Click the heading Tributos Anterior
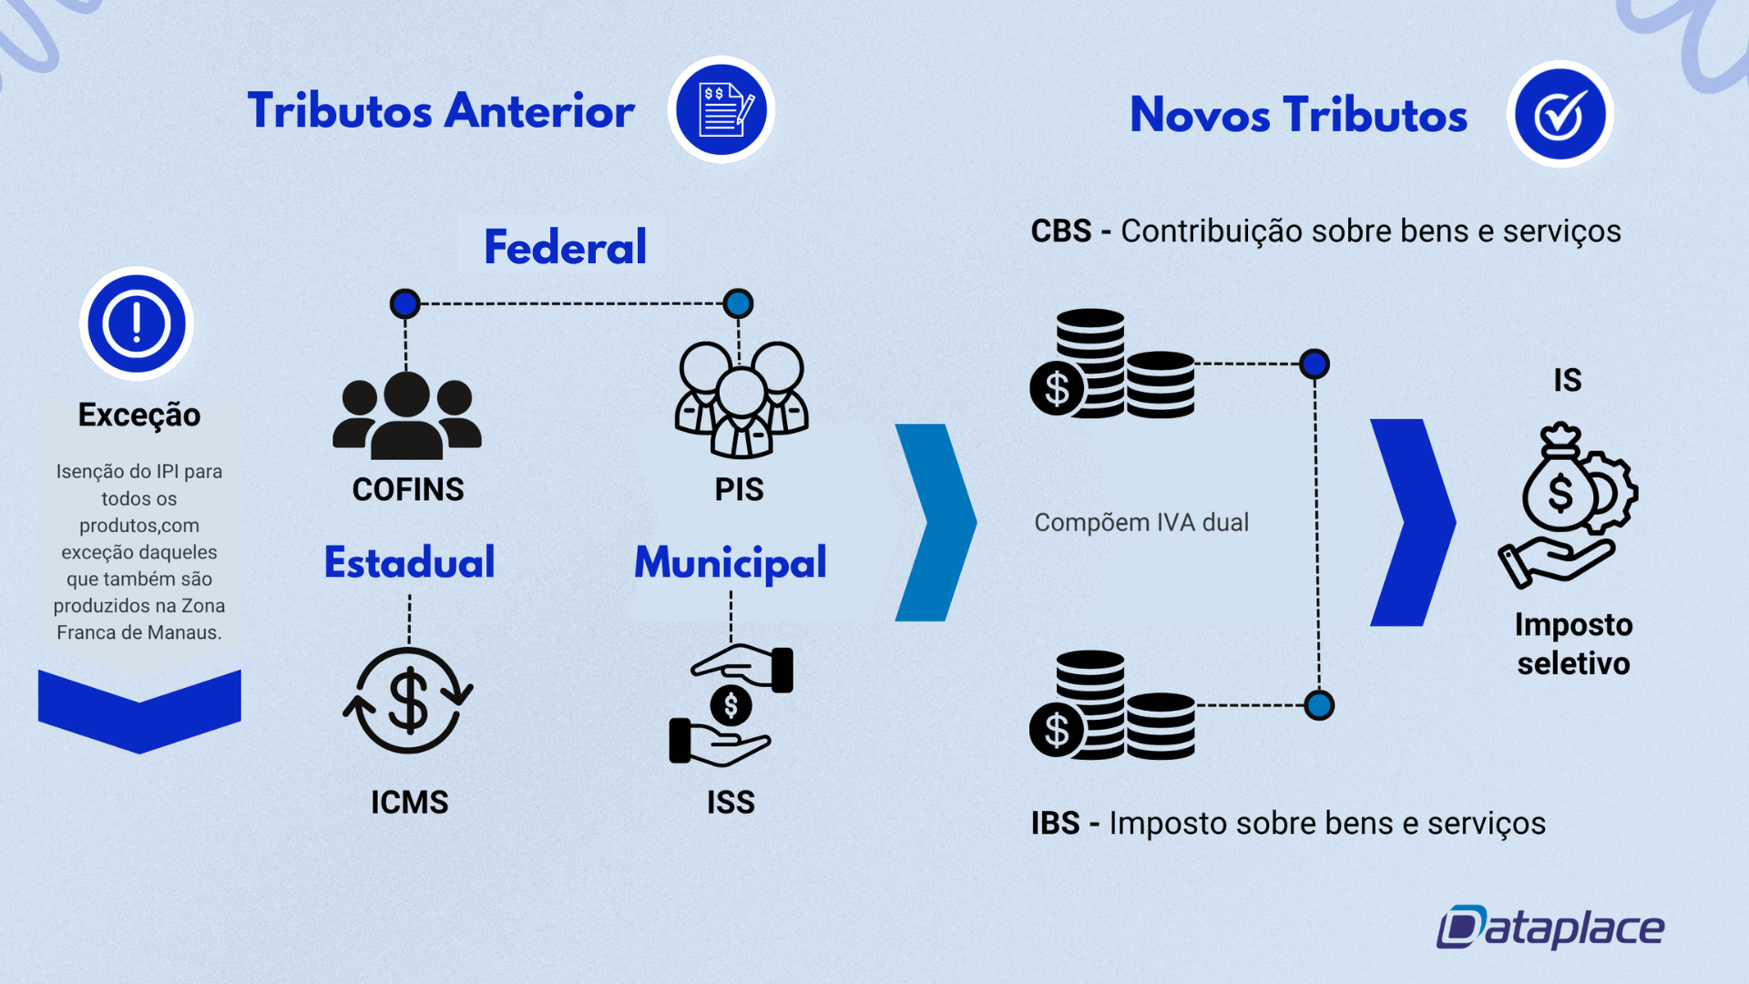pos(441,111)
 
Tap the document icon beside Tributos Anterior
pos(721,110)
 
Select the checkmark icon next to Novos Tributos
pos(1560,115)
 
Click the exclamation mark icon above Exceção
pos(137,323)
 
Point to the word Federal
pos(565,247)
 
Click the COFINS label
pos(408,489)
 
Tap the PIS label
pos(739,489)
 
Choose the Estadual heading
pos(409,562)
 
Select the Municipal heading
pos(731,562)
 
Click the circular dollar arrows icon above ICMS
pos(408,701)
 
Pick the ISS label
pos(731,802)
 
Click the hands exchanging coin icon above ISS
pos(731,704)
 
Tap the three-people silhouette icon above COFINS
pos(406,415)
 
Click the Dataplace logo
pos(1550,928)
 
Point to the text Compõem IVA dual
pos(1141,522)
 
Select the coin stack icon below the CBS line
pos(1112,364)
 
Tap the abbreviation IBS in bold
pos(1055,823)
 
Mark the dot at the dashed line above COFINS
pos(405,303)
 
